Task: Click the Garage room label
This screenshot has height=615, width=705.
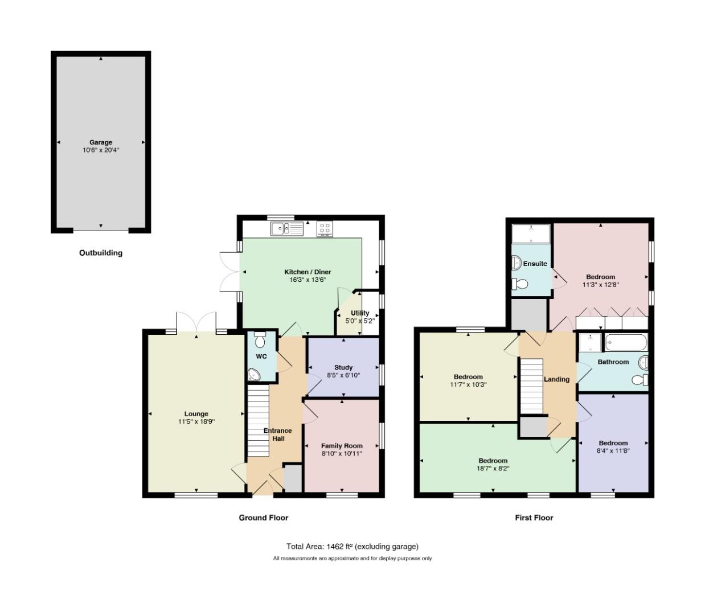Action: tap(101, 142)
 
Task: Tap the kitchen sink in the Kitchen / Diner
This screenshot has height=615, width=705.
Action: tap(286, 229)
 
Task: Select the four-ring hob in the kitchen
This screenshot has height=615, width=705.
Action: tap(325, 229)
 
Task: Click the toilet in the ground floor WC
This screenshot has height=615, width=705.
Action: tap(260, 339)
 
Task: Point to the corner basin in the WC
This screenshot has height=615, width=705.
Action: tap(254, 375)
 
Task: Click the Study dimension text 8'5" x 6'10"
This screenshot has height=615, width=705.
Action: tap(343, 375)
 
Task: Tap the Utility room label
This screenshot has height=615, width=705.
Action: tap(360, 313)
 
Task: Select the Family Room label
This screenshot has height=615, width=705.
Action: tap(342, 445)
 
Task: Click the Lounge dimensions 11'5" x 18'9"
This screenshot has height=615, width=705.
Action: tap(196, 421)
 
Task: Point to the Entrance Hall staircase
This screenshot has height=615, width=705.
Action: tap(258, 421)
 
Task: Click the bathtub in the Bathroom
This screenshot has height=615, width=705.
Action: tap(626, 342)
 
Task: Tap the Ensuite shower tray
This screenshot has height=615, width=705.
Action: tap(531, 234)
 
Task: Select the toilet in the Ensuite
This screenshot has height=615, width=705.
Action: tap(520, 284)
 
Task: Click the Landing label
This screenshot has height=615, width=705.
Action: tap(556, 379)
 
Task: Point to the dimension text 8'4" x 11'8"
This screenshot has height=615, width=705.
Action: tap(613, 450)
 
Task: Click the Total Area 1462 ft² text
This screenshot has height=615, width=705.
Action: tap(352, 546)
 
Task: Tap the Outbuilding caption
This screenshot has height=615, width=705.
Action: tap(101, 253)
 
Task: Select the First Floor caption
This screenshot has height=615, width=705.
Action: tap(534, 518)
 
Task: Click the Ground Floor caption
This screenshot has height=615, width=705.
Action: tap(263, 518)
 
